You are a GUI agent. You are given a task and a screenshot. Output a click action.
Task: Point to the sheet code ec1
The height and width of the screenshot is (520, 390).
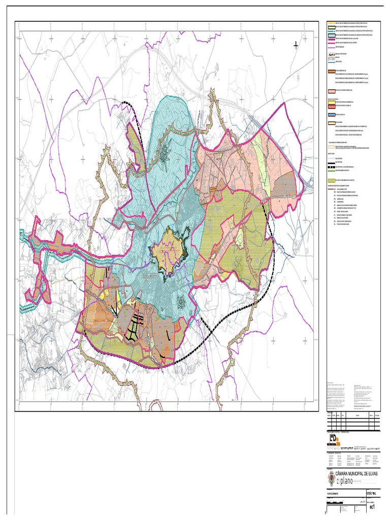point(372,507)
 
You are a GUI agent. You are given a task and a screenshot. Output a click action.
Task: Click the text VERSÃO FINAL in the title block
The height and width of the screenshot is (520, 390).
point(372,493)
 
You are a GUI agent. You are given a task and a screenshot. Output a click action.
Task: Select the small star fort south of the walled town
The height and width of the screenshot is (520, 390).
point(181,303)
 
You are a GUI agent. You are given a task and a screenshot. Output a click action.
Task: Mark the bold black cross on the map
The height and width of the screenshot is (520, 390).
point(296,45)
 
